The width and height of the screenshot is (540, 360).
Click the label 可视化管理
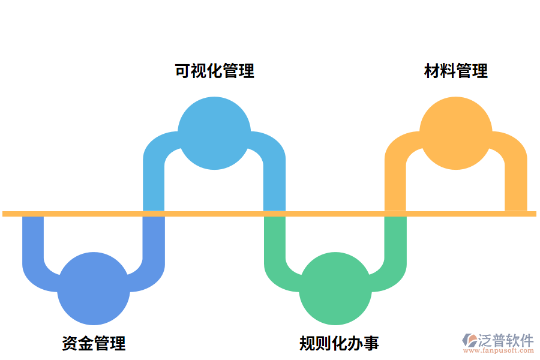pos(214,71)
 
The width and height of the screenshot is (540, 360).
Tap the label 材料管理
pos(456,71)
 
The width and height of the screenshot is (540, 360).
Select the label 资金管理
pos(94,343)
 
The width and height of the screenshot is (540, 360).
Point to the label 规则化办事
pos(339,343)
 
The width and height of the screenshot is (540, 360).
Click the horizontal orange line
pos(336,214)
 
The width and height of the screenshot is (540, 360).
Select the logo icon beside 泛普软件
pos(469,341)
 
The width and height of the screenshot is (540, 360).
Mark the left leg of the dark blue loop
pos(33,240)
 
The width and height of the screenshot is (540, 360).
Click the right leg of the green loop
pos(395,240)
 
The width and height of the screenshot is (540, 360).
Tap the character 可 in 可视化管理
pos(182,71)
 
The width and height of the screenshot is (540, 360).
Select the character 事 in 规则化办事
pos(371,343)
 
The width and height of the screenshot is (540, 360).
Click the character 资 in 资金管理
pos(70,343)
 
